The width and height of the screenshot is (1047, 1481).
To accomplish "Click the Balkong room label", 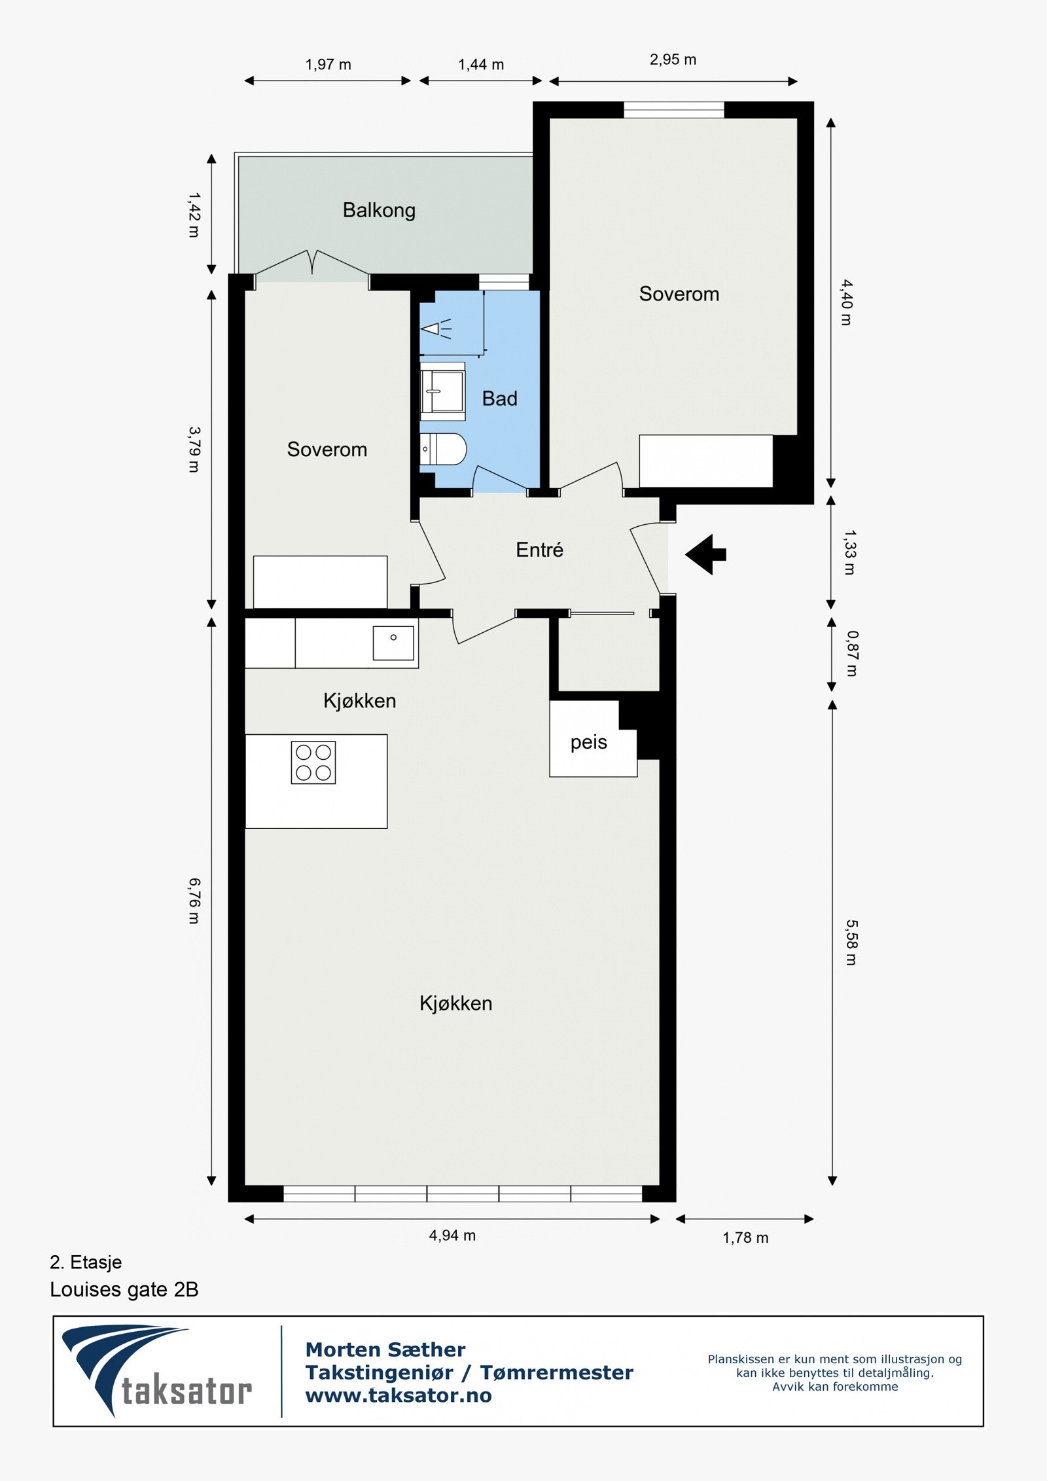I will point(379,210).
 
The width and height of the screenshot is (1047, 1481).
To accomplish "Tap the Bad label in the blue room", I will point(499,399).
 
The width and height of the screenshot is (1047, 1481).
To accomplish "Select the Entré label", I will point(539,550).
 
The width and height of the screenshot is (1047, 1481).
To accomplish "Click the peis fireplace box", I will point(589,741).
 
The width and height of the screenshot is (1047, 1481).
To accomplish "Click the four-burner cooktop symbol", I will point(313,762).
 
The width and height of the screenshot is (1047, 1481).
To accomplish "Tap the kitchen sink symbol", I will point(393,643).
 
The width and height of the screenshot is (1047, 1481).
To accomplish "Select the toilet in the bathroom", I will point(443,449).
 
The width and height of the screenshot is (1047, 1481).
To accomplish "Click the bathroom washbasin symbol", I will point(442,391).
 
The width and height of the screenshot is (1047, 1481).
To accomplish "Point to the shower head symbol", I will point(435,329).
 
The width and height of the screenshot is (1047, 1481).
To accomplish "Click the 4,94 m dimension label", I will point(452,1236).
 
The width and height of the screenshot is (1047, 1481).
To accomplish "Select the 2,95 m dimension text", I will point(673,60).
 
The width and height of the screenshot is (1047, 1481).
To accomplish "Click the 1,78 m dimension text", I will point(745,1238).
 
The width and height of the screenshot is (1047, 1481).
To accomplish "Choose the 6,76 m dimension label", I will point(194,901).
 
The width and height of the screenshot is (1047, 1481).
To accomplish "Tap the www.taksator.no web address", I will point(399,1395).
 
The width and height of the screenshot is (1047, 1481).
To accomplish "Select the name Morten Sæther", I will point(385,1349).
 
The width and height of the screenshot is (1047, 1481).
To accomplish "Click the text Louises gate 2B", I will point(124,1289).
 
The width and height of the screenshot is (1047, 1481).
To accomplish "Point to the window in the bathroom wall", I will point(503,281).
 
